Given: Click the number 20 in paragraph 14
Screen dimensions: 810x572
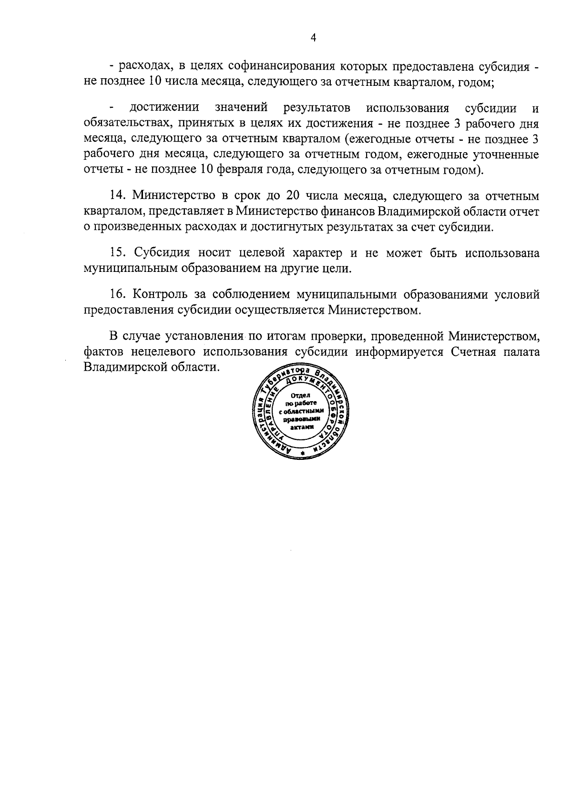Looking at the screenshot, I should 293,196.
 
